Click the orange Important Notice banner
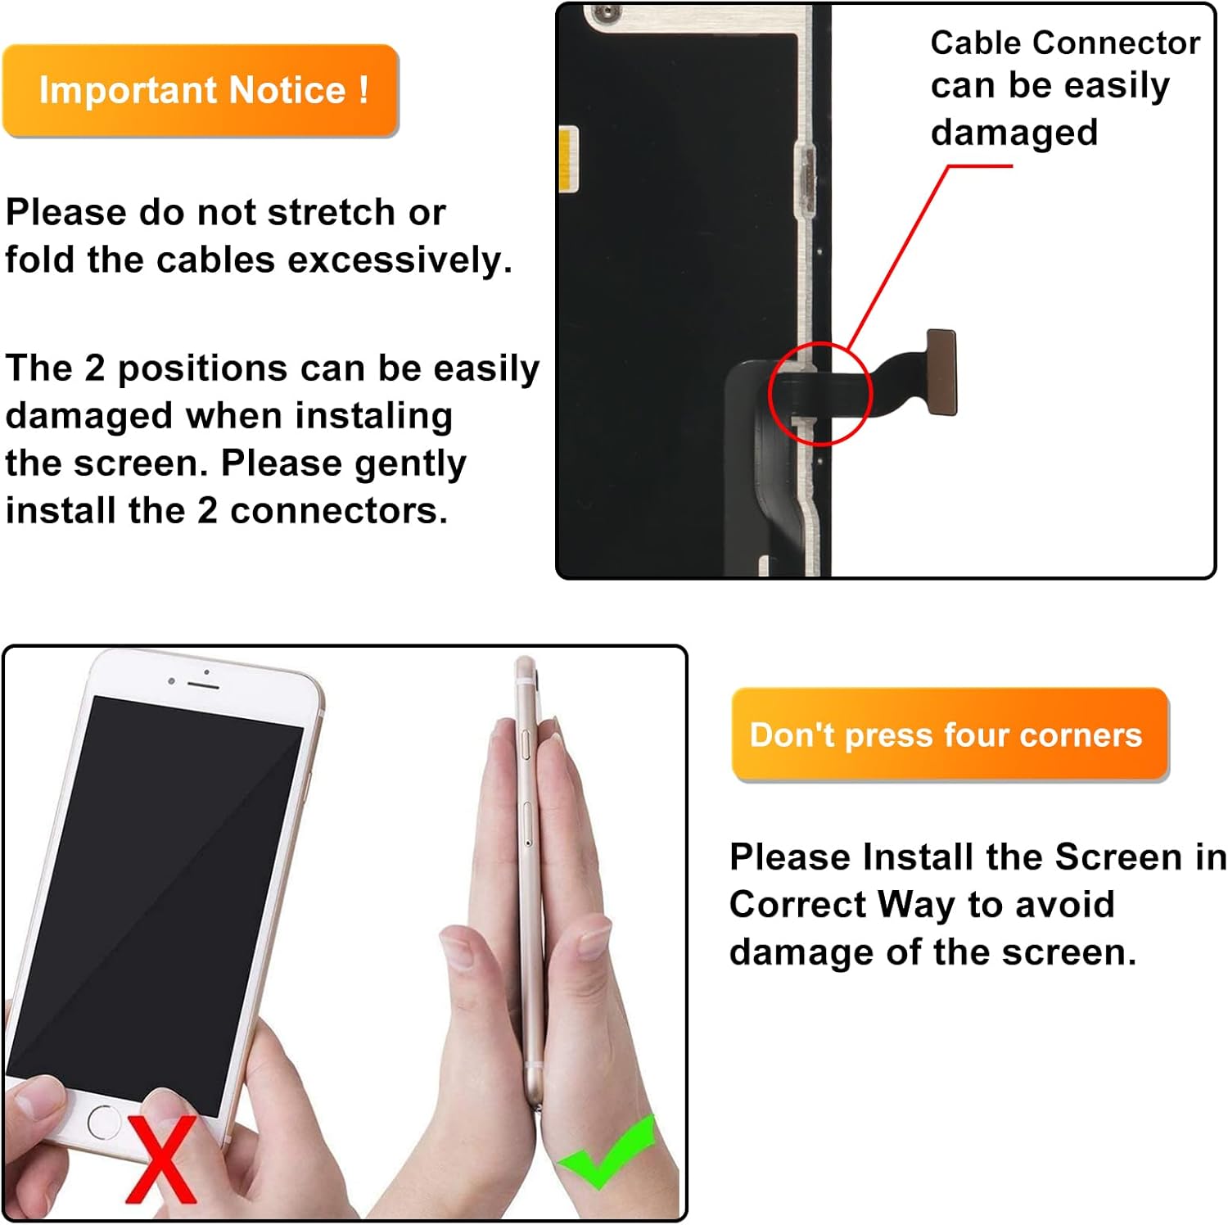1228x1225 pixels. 201,90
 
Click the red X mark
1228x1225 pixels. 161,1159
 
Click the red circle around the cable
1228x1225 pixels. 820,394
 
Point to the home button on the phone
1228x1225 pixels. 104,1121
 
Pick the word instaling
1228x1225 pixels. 374,416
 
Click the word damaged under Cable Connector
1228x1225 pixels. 1014,133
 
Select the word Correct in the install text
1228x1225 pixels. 797,905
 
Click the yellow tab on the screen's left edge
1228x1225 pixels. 568,159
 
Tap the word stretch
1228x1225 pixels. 332,213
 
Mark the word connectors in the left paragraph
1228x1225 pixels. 338,511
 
